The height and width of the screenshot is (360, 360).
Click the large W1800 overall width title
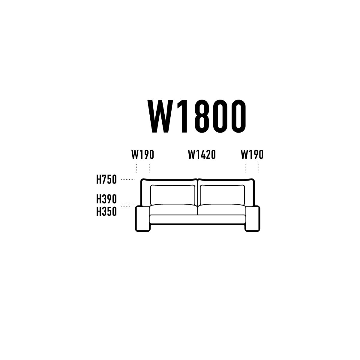[x=196, y=116]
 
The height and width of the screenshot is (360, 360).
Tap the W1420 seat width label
[x=202, y=154]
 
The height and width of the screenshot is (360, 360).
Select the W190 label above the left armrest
[x=142, y=154]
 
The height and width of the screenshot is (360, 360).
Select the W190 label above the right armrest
[x=252, y=154]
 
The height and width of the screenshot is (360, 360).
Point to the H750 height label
[x=106, y=179]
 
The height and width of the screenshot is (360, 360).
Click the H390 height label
[x=106, y=199]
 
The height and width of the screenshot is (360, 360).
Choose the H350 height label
[x=106, y=211]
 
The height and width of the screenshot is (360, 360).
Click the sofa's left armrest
[x=142, y=219]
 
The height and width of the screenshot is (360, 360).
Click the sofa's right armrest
[x=252, y=219]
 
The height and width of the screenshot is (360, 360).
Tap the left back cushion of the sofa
[x=172, y=195]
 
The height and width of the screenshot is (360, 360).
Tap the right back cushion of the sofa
[x=222, y=195]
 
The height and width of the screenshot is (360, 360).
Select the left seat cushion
[x=173, y=210]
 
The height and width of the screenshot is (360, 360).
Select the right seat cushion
[x=222, y=210]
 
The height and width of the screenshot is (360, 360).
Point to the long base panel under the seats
[x=197, y=219]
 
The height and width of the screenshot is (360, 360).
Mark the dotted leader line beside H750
[x=127, y=179]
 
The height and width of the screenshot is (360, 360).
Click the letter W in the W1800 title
[x=160, y=116]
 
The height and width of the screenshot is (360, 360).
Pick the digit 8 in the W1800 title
[x=202, y=116]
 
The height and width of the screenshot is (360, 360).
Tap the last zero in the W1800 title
[x=238, y=116]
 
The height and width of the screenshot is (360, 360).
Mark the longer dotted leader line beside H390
[x=127, y=204]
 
